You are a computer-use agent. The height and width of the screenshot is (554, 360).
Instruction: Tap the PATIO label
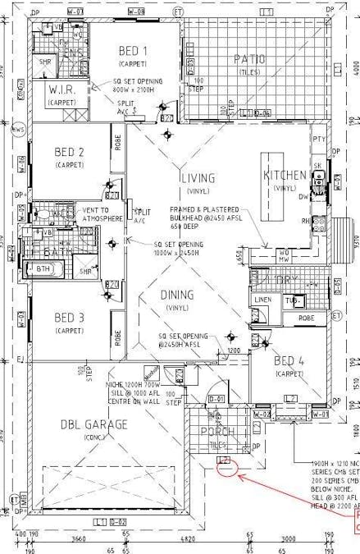(249, 58)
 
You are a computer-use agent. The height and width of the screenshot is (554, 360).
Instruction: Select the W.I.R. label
(62, 89)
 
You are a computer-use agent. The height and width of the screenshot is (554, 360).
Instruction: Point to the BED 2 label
(70, 152)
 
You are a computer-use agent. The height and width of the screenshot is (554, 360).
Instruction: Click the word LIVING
(198, 177)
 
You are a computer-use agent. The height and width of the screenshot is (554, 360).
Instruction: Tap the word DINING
(177, 295)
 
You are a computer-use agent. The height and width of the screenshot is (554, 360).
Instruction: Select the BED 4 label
(290, 361)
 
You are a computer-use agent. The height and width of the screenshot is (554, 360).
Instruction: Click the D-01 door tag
(216, 399)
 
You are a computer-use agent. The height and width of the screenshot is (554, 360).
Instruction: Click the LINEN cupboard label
(262, 300)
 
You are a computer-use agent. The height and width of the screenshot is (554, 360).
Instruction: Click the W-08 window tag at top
(137, 11)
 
